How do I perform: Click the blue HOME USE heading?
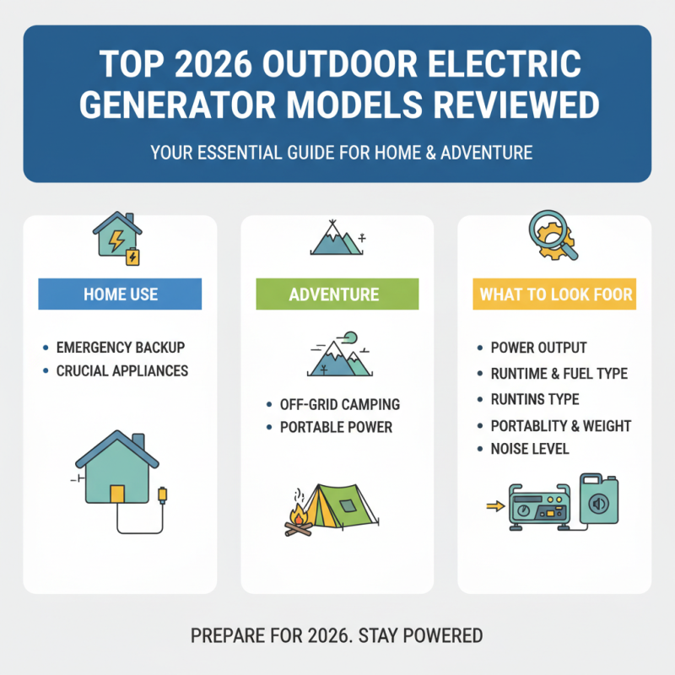(120, 295)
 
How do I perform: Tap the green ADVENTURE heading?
(337, 295)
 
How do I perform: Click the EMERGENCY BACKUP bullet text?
(120, 348)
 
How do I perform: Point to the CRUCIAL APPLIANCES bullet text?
(121, 370)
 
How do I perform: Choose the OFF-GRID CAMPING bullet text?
(340, 404)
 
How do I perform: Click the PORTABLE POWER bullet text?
(336, 427)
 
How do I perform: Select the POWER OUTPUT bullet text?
(538, 348)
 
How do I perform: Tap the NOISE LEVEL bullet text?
(529, 449)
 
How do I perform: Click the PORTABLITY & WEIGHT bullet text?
(560, 425)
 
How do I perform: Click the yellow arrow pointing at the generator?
(491, 507)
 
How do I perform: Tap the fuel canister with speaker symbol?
(598, 503)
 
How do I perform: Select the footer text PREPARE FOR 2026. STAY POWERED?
(337, 634)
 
